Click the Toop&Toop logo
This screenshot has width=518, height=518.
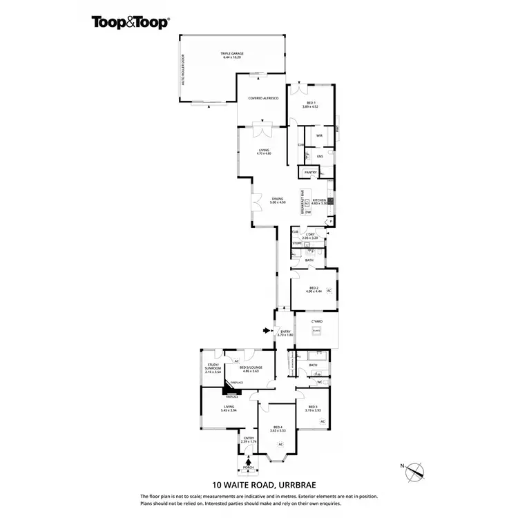pyautogui.click(x=131, y=21)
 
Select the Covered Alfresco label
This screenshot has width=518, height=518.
pyautogui.click(x=262, y=100)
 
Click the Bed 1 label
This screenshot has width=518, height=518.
pyautogui.click(x=310, y=105)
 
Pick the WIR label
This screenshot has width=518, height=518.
pyautogui.click(x=320, y=136)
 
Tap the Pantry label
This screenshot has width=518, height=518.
pyautogui.click(x=311, y=172)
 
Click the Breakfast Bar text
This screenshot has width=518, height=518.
pyautogui.click(x=303, y=202)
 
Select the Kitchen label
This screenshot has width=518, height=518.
pyautogui.click(x=318, y=201)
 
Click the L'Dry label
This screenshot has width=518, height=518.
pyautogui.click(x=311, y=236)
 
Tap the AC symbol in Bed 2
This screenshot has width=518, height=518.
pyautogui.click(x=329, y=291)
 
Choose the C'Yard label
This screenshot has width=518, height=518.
pyautogui.click(x=317, y=323)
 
